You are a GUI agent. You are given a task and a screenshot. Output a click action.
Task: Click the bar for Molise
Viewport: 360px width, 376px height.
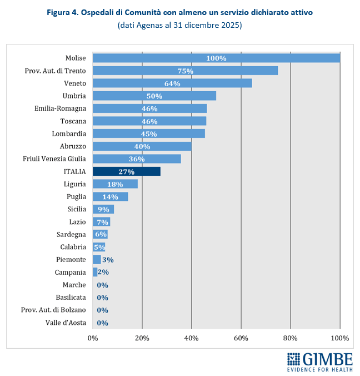[216, 58]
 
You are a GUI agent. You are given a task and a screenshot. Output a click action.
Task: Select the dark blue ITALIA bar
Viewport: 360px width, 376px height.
[126, 171]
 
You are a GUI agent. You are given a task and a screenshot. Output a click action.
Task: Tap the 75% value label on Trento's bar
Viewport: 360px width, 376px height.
[186, 71]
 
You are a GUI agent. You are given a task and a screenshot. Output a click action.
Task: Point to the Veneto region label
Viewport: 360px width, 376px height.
[74, 83]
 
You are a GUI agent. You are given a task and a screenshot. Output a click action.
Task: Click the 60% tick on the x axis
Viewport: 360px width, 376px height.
[241, 338]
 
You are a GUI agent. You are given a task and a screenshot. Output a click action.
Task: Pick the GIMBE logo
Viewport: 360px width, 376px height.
[319, 362]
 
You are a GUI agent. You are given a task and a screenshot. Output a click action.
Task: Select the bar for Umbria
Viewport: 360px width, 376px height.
[154, 96]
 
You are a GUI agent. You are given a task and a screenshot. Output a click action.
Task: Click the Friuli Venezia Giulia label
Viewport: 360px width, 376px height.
[54, 159]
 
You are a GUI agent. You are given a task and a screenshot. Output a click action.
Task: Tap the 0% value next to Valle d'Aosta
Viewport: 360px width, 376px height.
[102, 323]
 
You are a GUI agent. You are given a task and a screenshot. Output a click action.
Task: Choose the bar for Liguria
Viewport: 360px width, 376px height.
[115, 184]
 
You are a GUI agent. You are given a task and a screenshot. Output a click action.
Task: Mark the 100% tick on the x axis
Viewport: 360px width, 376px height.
[339, 338]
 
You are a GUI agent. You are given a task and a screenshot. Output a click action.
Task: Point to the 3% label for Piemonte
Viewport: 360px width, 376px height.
[108, 260]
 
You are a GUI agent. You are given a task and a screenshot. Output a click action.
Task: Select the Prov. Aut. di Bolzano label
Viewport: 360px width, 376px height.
[53, 310]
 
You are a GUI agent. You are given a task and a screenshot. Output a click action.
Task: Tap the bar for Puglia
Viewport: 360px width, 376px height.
[110, 196]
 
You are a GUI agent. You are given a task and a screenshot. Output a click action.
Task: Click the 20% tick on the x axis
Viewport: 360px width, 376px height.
[142, 338]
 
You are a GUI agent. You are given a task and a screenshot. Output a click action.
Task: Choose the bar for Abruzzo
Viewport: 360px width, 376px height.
[142, 146]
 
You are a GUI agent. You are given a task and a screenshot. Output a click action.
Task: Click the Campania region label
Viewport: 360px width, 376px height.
[70, 272]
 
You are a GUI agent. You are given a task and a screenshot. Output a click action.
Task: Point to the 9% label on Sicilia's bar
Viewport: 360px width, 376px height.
[103, 209]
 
